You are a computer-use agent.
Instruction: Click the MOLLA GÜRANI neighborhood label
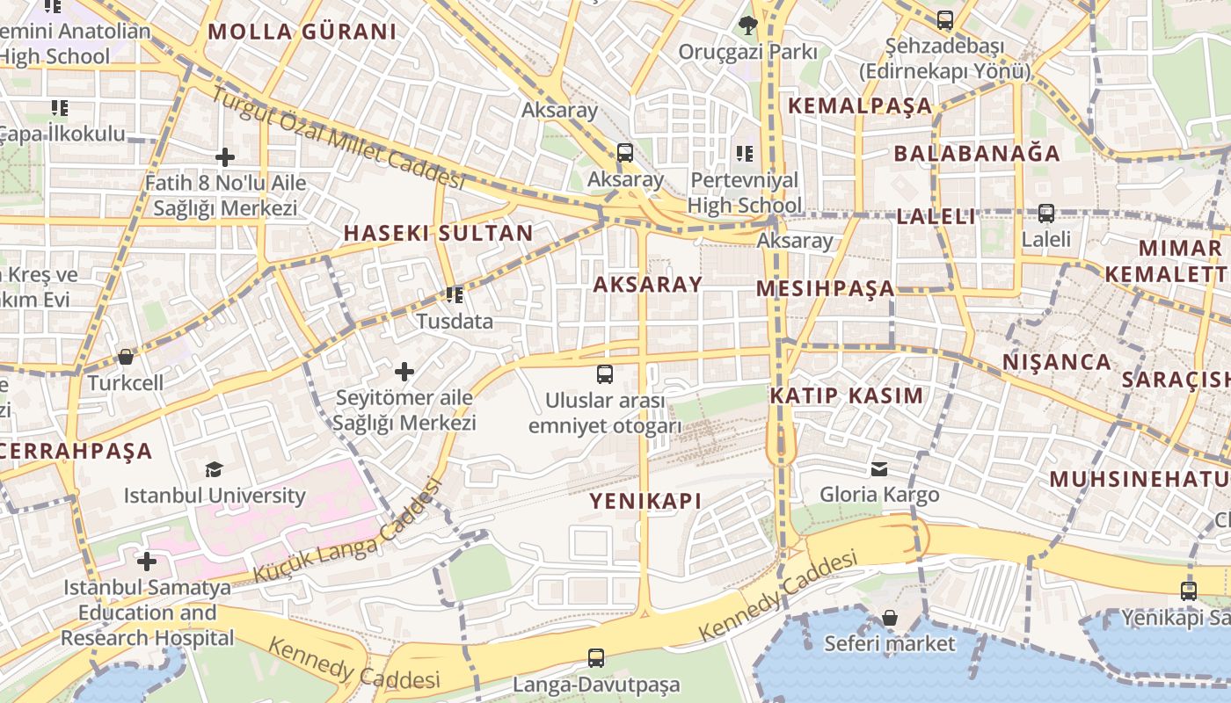[x=302, y=33]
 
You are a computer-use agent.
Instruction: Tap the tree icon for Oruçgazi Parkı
[x=748, y=25]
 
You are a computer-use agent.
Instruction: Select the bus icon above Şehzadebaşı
[x=944, y=19]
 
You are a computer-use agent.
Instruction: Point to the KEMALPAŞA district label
[x=859, y=105]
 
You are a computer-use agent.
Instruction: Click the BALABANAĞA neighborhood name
[x=977, y=153]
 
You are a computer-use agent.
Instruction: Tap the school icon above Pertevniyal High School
[x=745, y=154]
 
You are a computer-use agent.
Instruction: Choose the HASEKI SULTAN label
[x=438, y=233]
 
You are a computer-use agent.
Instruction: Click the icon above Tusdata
[x=454, y=294]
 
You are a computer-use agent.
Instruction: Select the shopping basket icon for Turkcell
[x=126, y=357]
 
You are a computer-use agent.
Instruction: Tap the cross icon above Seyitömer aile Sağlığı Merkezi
[x=404, y=372]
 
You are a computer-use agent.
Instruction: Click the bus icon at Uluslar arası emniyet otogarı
[x=605, y=374]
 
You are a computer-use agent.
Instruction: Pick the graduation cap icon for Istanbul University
[x=214, y=469]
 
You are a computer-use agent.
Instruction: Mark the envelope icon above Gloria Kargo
[x=879, y=468]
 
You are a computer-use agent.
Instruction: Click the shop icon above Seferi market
[x=890, y=618]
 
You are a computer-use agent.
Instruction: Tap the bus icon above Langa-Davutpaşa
[x=596, y=657]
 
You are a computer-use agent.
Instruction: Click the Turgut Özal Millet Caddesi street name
[x=339, y=141]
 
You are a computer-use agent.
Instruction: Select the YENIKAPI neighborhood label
[x=645, y=501]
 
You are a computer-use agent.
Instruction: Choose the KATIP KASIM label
[x=847, y=395]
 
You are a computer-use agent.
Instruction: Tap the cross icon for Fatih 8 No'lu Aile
[x=225, y=157]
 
